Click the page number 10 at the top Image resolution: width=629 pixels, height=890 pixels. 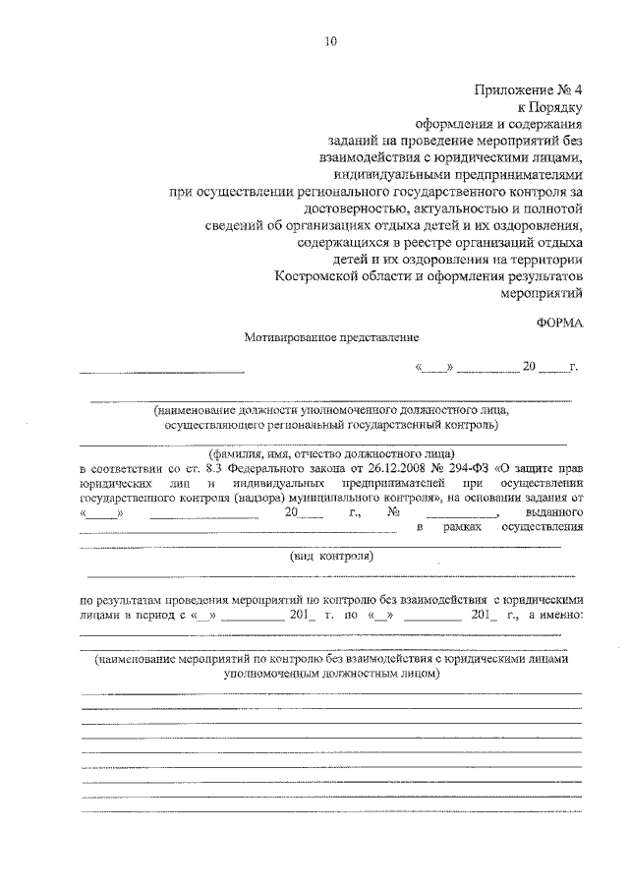[x=329, y=41]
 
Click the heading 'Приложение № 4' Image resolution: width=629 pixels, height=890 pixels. [x=530, y=89]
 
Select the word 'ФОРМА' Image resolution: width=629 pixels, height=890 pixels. [x=560, y=322]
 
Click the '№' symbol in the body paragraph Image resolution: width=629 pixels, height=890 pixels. [x=394, y=512]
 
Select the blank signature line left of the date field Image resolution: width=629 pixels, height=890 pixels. [x=161, y=372]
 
